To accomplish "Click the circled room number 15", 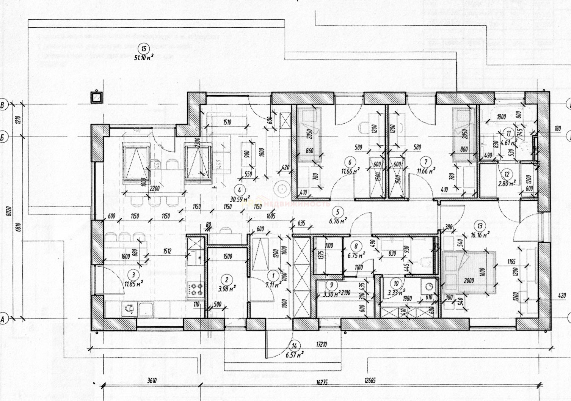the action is (144, 48).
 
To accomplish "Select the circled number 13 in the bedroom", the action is (480, 226).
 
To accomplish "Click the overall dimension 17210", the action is (321, 345).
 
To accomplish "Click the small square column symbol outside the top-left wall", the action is (97, 98).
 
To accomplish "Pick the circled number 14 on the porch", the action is (294, 346).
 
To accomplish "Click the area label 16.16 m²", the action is (480, 235).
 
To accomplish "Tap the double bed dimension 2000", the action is (469, 280).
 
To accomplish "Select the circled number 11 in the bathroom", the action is (509, 133).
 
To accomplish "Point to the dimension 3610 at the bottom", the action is (152, 381).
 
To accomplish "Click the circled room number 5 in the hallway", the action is (337, 212).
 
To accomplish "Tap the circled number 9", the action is (332, 285).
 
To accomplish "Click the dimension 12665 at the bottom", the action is (370, 381).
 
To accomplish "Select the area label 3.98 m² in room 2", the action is (227, 289).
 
